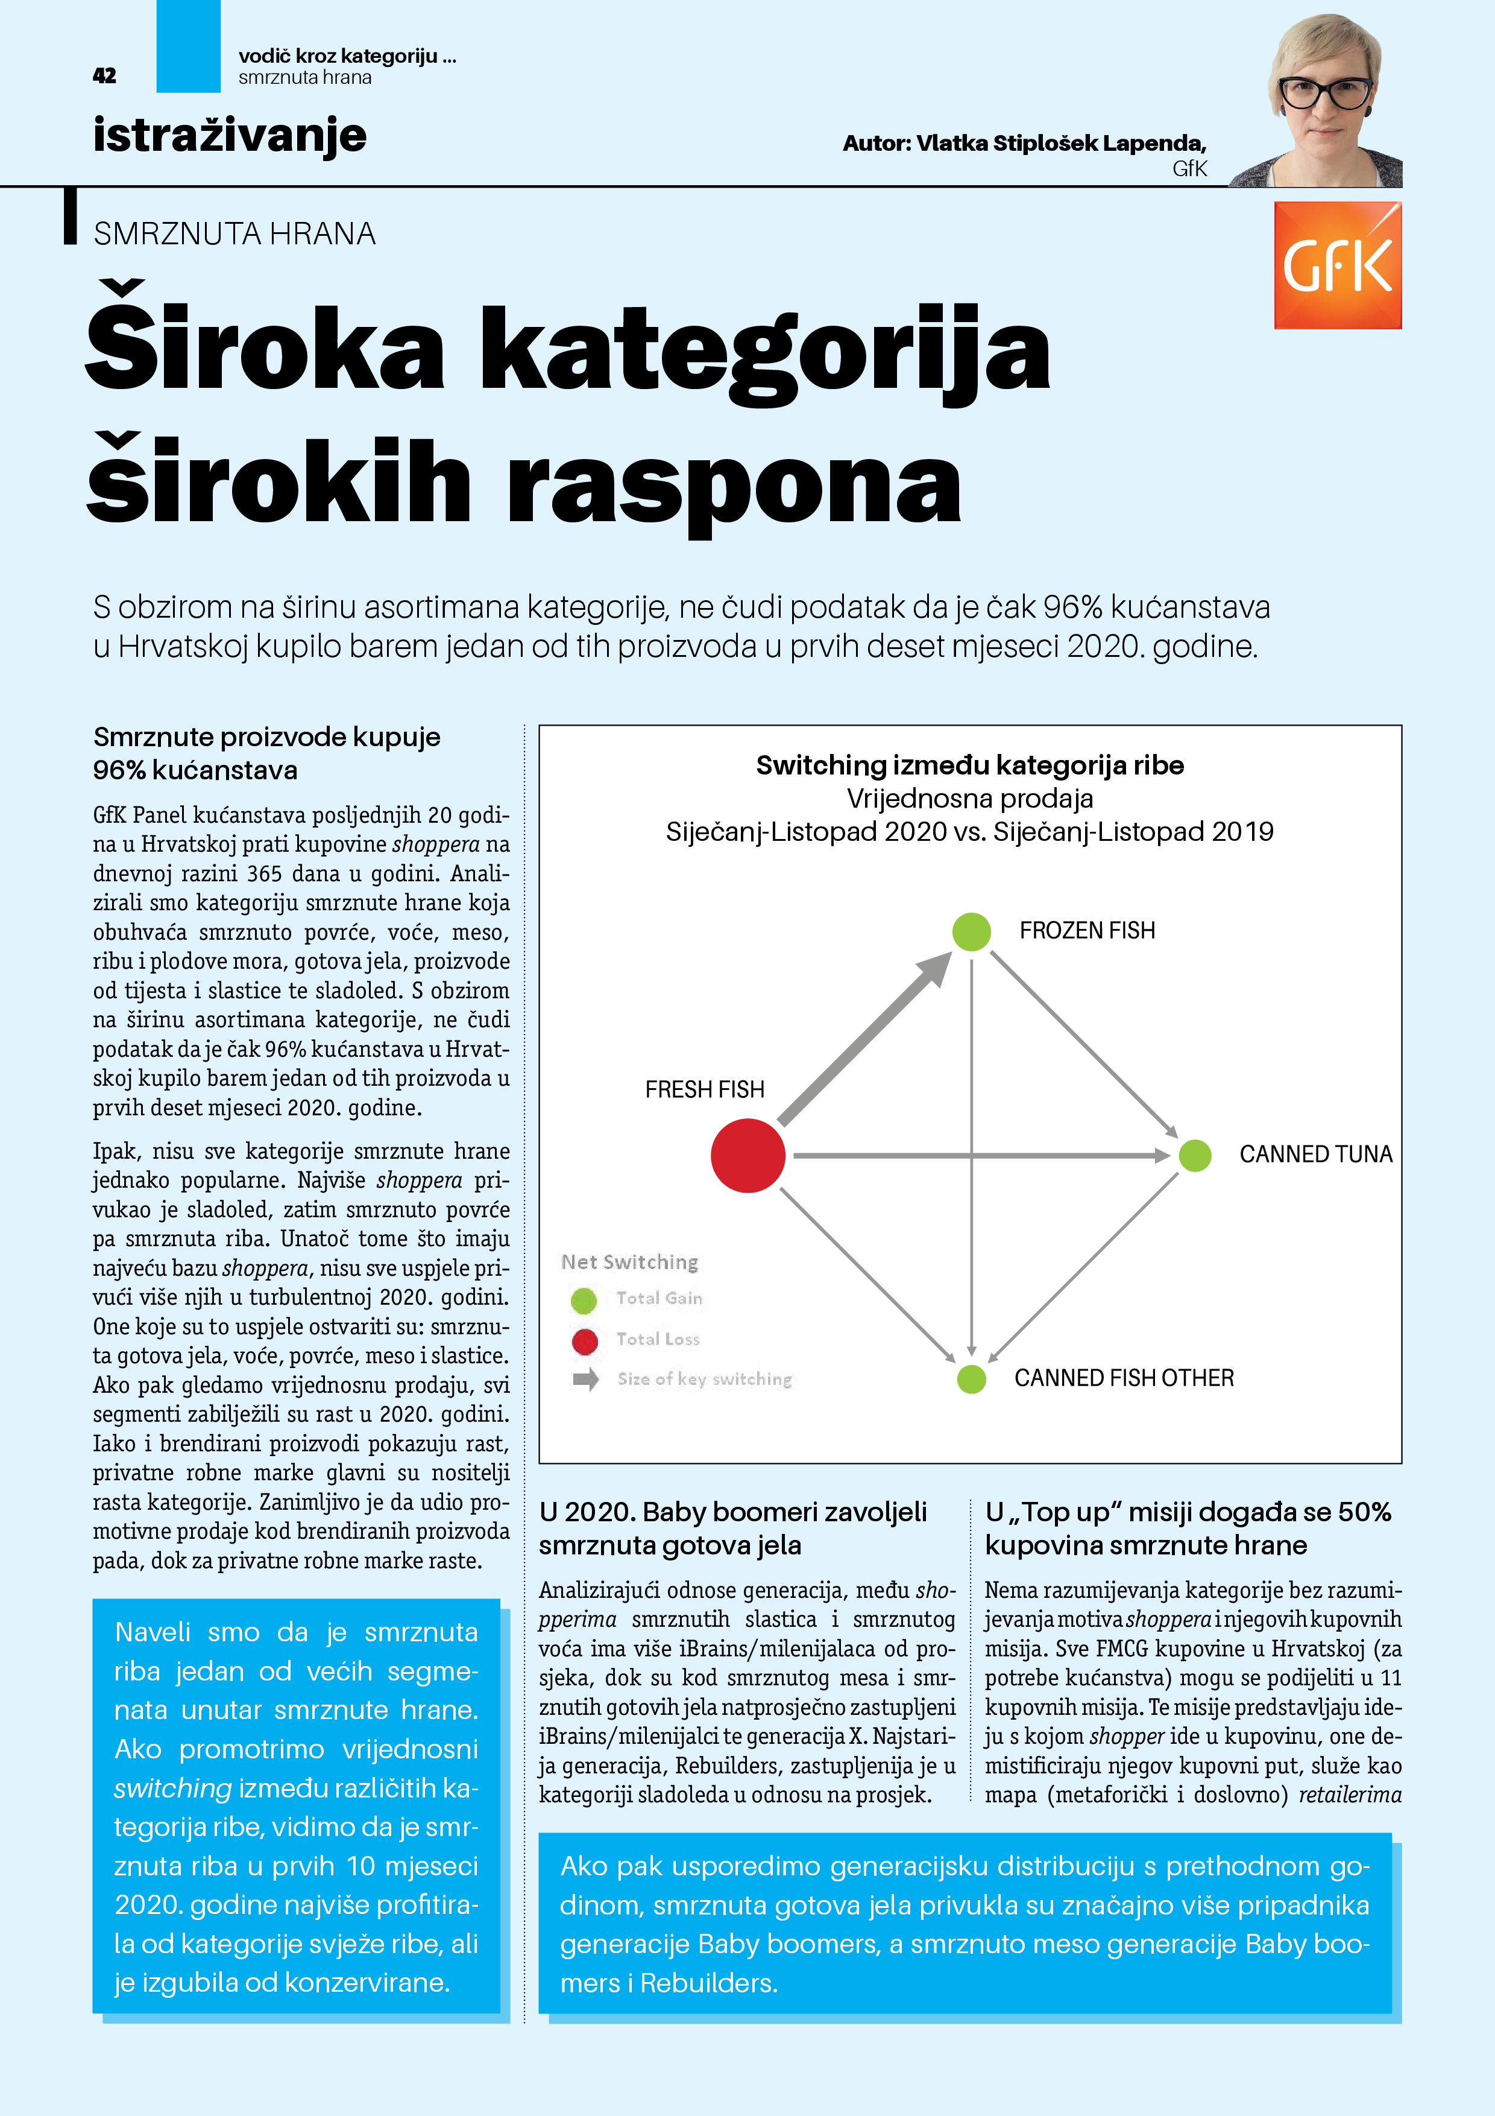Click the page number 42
[x=105, y=75]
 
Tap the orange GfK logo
[x=1338, y=265]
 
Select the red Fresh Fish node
[x=748, y=1155]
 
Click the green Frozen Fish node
[x=971, y=931]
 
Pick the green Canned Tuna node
[x=1195, y=1155]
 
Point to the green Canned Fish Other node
[x=971, y=1379]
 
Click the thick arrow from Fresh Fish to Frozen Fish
[x=864, y=1039]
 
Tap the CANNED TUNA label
[x=1315, y=1154]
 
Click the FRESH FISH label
[x=705, y=1089]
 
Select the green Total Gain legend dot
[x=584, y=1300]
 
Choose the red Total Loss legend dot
[x=584, y=1341]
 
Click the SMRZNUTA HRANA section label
[x=235, y=234]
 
